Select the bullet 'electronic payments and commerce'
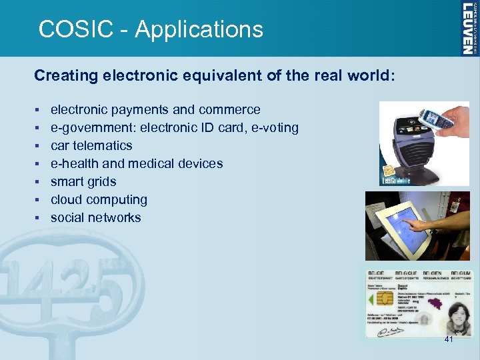pyautogui.click(x=155, y=109)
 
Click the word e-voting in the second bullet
pyautogui.click(x=275, y=127)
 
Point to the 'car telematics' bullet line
pyautogui.click(x=91, y=145)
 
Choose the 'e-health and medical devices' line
pyautogui.click(x=137, y=163)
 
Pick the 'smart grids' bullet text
pyautogui.click(x=83, y=181)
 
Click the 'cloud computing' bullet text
pyautogui.click(x=99, y=199)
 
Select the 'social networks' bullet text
pyautogui.click(x=96, y=217)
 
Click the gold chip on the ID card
pyautogui.click(x=377, y=300)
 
